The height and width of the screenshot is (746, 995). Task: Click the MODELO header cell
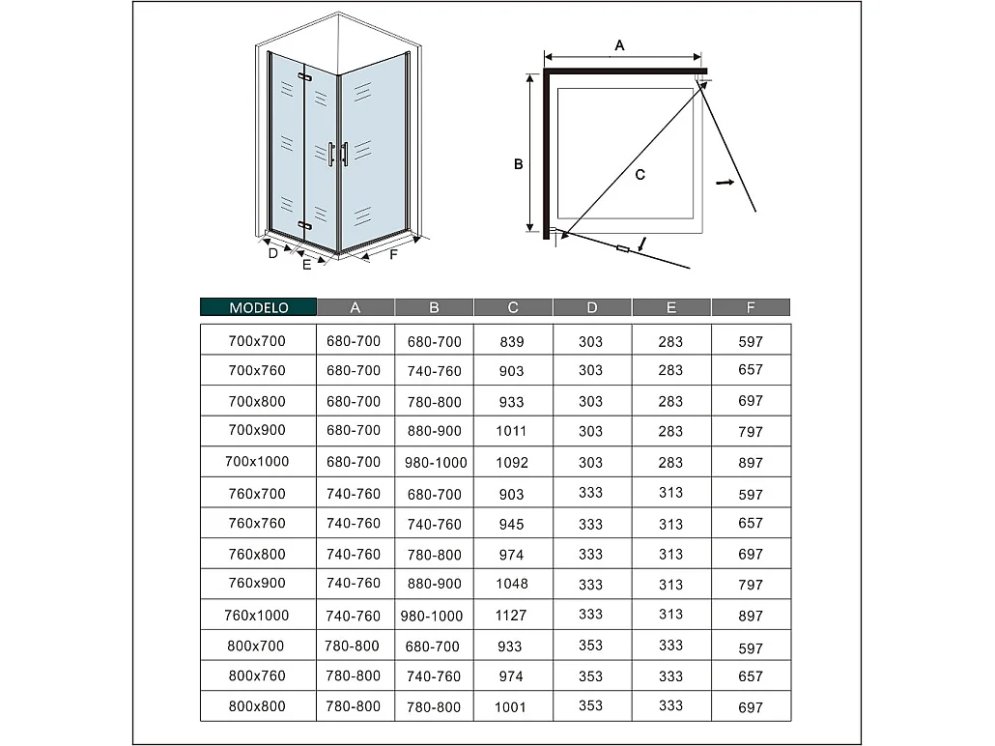258,307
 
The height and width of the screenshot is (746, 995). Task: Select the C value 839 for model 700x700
512,341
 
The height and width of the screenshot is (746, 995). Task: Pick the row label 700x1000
257,462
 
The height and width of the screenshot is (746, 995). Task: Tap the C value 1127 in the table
512,615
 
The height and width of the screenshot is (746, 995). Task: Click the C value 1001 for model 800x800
512,706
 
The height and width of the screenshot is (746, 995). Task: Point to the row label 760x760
257,524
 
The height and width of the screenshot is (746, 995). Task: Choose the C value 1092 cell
512,462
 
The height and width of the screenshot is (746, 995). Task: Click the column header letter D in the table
592,307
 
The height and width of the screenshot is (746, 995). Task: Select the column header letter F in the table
751,307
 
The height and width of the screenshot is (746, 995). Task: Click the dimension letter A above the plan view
620,45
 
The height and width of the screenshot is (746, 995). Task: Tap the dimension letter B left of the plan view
519,165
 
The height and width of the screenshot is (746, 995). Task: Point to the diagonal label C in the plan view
640,174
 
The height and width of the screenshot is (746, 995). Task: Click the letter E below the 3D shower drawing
307,265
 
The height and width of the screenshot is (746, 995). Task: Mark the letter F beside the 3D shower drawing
393,255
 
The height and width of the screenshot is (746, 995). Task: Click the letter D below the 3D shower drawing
273,253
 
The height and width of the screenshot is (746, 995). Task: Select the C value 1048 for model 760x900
512,584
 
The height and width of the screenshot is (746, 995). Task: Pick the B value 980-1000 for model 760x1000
434,615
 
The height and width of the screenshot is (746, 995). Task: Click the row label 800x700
257,646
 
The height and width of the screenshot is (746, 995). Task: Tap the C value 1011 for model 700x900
512,431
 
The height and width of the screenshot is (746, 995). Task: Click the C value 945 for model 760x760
512,524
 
